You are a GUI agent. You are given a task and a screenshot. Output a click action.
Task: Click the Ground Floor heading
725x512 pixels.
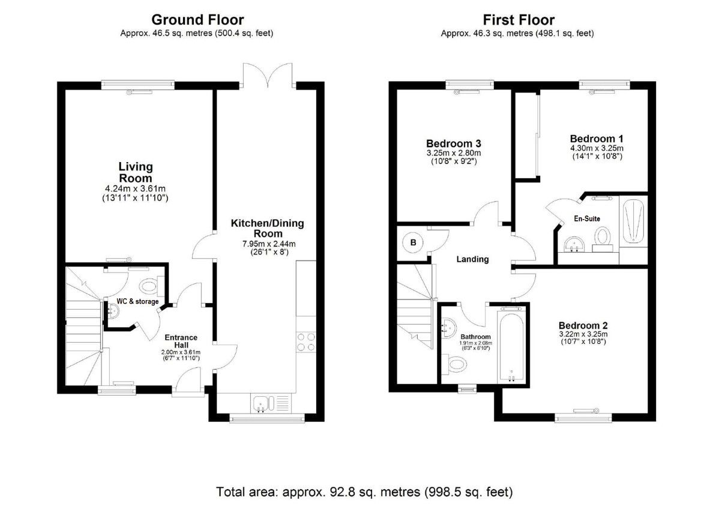[x=197, y=20]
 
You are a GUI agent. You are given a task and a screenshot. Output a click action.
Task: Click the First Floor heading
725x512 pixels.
[x=519, y=20]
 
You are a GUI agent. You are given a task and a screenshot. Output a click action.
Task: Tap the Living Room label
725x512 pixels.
[x=135, y=172]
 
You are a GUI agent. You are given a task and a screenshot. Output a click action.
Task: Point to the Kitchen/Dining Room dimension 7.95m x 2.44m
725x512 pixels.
[x=269, y=244]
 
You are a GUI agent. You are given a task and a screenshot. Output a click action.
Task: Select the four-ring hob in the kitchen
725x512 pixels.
[x=306, y=342]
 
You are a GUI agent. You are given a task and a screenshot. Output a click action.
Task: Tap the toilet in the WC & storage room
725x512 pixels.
[x=152, y=286]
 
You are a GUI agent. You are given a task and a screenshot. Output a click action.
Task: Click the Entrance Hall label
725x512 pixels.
[x=181, y=342]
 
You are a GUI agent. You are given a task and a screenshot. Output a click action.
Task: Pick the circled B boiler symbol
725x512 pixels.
[x=413, y=242]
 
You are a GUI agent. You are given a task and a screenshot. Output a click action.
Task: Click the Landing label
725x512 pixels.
[x=472, y=259]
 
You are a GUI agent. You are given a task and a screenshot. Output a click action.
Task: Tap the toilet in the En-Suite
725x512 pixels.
[x=603, y=239]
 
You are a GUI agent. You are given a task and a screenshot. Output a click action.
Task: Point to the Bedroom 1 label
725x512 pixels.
[x=597, y=139]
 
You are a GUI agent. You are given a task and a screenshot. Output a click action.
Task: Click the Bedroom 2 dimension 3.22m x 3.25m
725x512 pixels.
[x=583, y=334]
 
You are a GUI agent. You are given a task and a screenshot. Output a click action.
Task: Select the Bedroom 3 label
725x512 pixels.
[x=454, y=143]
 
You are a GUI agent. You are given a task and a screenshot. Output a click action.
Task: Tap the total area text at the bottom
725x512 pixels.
[x=364, y=492]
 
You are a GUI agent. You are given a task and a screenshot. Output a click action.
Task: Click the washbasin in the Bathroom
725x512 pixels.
[x=448, y=328]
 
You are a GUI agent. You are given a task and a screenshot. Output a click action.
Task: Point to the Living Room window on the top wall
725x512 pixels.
[x=138, y=85]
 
